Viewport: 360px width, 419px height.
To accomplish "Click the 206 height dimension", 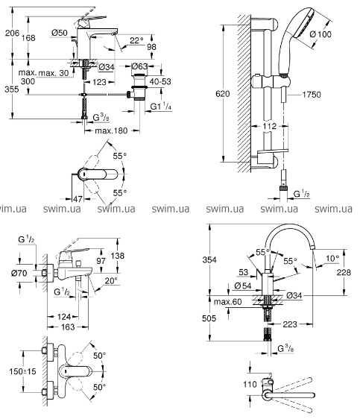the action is [x=12, y=33].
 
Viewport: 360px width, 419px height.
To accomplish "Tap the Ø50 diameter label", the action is [x=60, y=33].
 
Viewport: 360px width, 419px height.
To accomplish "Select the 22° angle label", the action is [x=136, y=40].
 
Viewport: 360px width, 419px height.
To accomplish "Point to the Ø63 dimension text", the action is [x=139, y=66].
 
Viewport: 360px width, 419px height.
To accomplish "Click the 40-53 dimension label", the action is [x=160, y=81].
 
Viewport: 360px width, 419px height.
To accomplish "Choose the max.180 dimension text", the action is [x=111, y=131].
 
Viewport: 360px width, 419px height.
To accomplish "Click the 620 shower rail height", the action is [x=222, y=94].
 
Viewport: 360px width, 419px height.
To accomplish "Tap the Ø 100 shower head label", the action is [x=320, y=34].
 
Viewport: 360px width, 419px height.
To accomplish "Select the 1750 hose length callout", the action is [x=312, y=95].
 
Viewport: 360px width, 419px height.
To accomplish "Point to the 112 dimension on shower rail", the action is [x=269, y=126].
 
